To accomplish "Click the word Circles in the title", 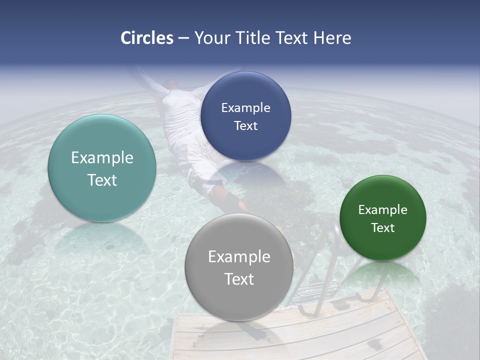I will (147, 38).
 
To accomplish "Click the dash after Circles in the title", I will (183, 38).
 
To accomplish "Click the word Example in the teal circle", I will (102, 158).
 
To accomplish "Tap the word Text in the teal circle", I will (102, 180).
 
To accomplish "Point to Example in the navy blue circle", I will (245, 108).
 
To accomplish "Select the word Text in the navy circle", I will (245, 125).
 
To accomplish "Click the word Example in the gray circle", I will (239, 257).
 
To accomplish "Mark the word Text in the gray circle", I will (239, 279).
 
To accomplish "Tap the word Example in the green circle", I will (382, 210).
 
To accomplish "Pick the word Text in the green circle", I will (382, 228).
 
